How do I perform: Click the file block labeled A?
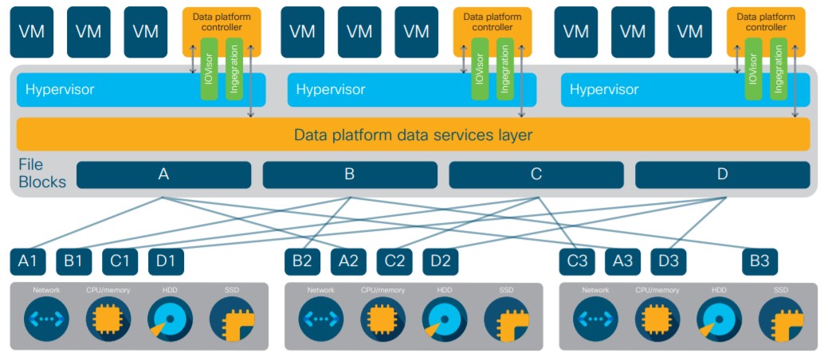point(163,174)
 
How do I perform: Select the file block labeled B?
point(350,174)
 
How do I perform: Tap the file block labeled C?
point(536,174)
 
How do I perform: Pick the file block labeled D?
point(722,174)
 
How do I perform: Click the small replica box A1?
point(28,260)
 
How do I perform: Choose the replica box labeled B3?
point(759,260)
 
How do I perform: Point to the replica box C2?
point(395,260)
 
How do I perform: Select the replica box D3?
point(669,260)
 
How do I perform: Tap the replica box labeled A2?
point(349,260)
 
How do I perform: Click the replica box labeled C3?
point(578,260)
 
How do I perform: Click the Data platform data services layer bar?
point(413,135)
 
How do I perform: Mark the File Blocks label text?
point(41,174)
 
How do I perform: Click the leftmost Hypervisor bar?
point(104,89)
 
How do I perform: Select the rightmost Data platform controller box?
point(759,22)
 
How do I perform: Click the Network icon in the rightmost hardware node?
point(595,320)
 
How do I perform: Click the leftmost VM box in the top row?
point(31,32)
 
